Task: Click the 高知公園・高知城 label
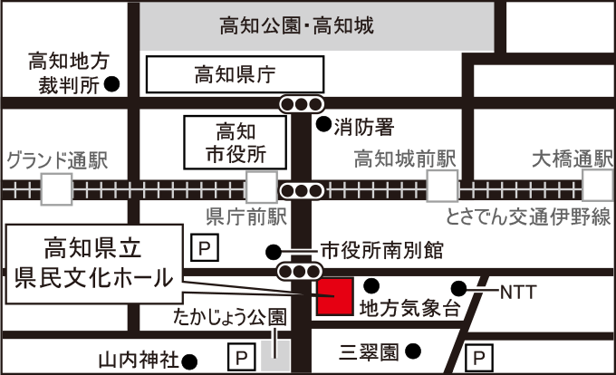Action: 316,26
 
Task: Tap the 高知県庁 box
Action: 235,74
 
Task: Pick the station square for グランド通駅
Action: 56,189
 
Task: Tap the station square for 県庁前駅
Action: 262,189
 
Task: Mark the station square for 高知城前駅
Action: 442,187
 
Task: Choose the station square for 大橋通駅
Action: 596,187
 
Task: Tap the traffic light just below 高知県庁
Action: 302,103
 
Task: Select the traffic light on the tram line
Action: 302,190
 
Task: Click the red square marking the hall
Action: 334,297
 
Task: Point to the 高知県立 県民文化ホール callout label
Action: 94,261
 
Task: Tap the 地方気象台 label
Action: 409,309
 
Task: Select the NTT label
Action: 518,292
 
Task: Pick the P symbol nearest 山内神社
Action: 241,358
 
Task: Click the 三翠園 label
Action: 370,350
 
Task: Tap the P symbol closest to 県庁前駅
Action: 205,246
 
